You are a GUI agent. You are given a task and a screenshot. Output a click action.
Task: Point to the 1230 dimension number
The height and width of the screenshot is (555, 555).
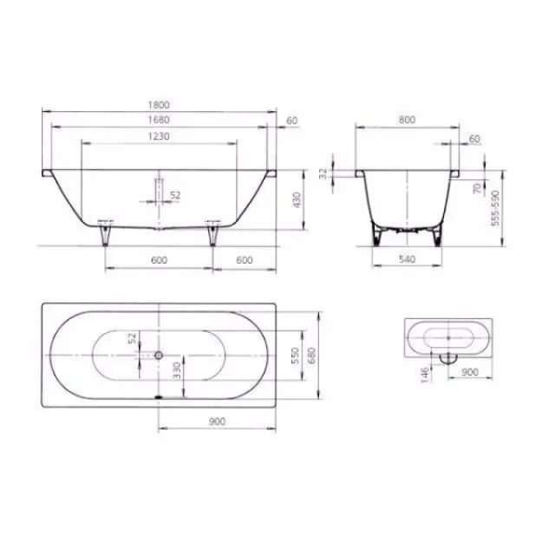(158, 136)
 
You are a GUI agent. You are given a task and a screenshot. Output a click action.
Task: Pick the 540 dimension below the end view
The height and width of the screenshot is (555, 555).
(406, 258)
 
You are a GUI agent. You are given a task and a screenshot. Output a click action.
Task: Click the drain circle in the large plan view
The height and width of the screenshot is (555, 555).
(159, 356)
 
